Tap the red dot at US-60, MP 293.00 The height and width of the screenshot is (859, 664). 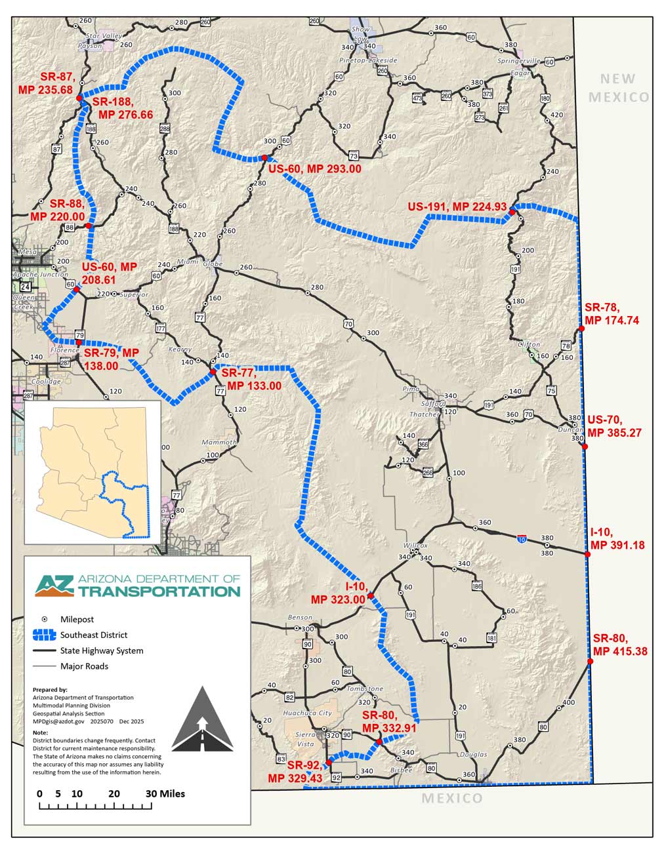click(x=263, y=158)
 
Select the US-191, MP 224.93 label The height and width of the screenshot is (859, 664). click(x=457, y=207)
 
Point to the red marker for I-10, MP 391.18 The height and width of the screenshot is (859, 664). click(x=588, y=555)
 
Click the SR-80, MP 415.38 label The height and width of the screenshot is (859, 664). click(x=620, y=645)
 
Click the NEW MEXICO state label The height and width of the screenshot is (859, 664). click(x=618, y=88)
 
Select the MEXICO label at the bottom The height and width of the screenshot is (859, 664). click(x=451, y=798)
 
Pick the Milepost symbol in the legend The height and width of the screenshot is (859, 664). click(x=45, y=619)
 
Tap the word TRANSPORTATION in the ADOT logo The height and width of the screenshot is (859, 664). click(x=159, y=591)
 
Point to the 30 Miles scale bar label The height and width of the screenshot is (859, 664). click(x=165, y=793)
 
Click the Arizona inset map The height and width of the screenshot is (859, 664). click(x=93, y=472)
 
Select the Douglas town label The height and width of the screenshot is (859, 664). click(x=473, y=755)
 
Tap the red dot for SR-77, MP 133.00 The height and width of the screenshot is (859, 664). click(x=213, y=372)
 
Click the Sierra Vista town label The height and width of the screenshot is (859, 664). click(x=306, y=740)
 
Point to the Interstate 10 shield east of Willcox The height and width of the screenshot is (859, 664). click(x=521, y=538)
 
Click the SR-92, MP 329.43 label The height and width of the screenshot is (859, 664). click(x=295, y=772)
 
